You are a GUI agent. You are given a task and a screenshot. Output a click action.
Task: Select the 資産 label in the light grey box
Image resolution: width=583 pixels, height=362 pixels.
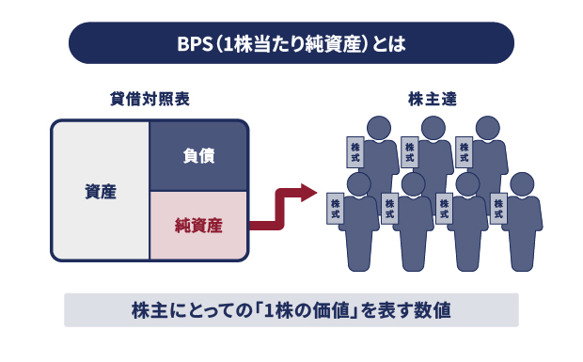coord(100,191)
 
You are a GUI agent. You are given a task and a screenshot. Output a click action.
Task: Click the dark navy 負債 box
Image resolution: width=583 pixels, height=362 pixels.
coord(198,155)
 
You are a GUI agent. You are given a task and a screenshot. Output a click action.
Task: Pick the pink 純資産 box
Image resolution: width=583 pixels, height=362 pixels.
coord(198,225)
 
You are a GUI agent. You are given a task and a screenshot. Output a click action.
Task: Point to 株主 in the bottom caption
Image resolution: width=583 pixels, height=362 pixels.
coord(148,309)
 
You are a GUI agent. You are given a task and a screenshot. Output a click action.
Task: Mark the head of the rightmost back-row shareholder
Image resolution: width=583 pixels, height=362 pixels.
coord(487,128)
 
